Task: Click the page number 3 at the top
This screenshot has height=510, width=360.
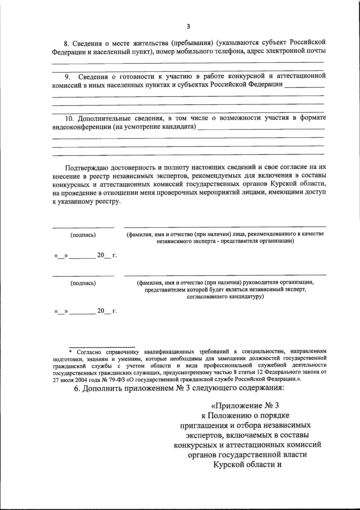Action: pos(188,26)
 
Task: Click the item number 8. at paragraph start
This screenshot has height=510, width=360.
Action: pos(68,43)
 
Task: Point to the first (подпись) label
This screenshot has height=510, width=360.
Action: pos(83,235)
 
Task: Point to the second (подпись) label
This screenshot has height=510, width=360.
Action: pos(83,283)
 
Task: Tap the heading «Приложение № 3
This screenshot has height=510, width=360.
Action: pos(245,406)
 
